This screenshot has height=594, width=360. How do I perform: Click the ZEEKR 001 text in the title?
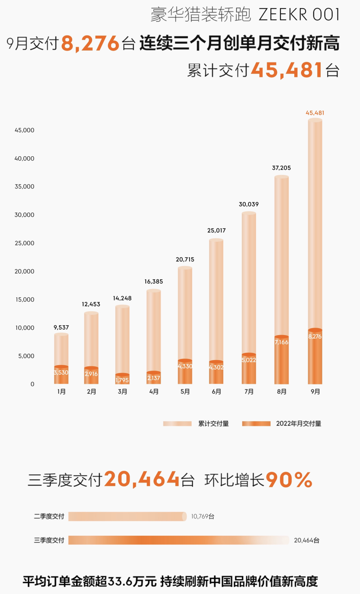pyautogui.click(x=299, y=15)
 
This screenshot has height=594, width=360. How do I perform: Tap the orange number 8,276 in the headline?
pyautogui.click(x=90, y=44)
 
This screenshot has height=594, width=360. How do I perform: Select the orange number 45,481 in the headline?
pyautogui.click(x=287, y=70)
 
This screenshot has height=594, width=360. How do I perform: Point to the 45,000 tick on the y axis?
pyautogui.click(x=24, y=130)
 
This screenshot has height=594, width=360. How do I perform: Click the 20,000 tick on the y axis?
pyautogui.click(x=24, y=272)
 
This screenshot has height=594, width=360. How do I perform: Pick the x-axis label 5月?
pyautogui.click(x=185, y=392)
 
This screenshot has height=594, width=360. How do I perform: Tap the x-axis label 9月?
pyautogui.click(x=315, y=392)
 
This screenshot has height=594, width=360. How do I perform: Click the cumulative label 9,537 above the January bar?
pyautogui.click(x=61, y=327)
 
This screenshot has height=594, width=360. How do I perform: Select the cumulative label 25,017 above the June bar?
pyautogui.click(x=216, y=230)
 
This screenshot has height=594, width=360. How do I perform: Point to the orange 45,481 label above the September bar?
pyautogui.click(x=315, y=113)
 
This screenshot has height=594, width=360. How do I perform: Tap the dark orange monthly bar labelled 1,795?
pyautogui.click(x=122, y=379)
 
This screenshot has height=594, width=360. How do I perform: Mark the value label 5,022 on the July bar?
pyautogui.click(x=249, y=360)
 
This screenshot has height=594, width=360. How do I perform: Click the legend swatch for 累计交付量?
pyautogui.click(x=177, y=424)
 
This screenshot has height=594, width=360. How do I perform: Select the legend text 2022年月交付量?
pyautogui.click(x=298, y=424)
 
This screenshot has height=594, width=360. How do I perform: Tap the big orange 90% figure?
pyautogui.click(x=289, y=479)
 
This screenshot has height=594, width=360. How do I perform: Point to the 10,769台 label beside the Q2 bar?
pyautogui.click(x=203, y=516)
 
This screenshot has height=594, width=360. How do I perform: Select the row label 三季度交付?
pyautogui.click(x=49, y=540)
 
